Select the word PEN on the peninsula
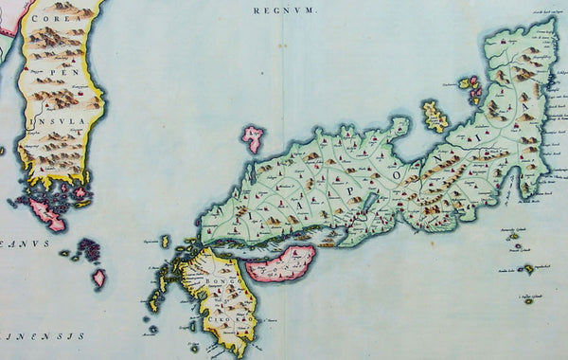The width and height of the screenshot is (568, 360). point(60,72)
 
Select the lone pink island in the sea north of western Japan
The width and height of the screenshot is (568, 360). point(253,138)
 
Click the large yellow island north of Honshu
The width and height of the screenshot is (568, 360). point(435,116)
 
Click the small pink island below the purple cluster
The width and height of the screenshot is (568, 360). point(99,279)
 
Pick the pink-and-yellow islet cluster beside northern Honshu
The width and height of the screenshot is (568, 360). point(470,88)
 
